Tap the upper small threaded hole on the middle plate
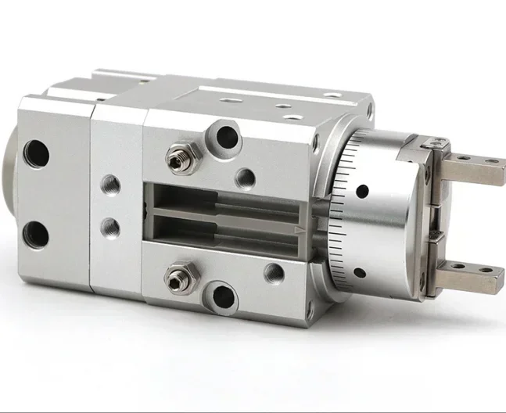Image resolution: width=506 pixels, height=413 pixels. click(109, 185)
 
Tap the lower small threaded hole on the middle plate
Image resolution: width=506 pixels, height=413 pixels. click(109, 228)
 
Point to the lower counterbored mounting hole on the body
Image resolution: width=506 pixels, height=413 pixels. click(224, 297)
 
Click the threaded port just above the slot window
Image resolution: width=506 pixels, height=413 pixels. click(245, 178)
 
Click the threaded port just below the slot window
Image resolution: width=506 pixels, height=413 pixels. click(274, 273)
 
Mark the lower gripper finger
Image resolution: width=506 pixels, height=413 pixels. click(469, 275)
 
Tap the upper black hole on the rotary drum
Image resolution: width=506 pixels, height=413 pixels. click(362, 191)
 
